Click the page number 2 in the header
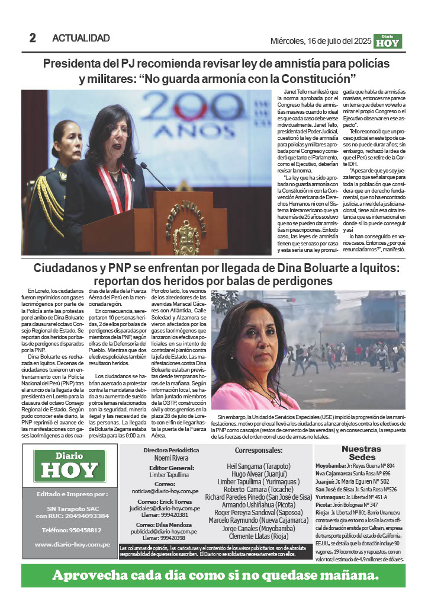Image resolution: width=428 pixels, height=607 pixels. (33, 39)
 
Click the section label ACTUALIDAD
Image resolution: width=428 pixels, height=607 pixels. (81, 39)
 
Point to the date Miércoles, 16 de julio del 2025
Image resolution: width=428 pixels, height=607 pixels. (321, 41)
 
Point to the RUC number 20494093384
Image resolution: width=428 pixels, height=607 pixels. (85, 516)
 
